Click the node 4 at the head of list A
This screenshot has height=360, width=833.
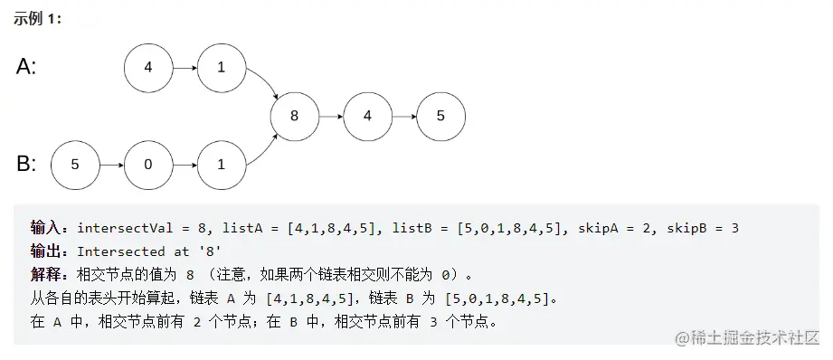tap(148, 67)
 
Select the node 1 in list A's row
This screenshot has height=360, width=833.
tap(222, 67)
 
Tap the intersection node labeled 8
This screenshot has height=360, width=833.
tap(295, 116)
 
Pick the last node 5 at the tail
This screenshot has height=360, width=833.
tap(440, 116)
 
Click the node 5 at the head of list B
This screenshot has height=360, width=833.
tap(75, 165)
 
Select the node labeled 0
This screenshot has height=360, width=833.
tap(148, 165)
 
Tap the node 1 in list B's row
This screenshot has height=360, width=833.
tap(222, 165)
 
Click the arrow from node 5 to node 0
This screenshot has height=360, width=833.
tap(111, 165)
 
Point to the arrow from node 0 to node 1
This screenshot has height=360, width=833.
tap(185, 165)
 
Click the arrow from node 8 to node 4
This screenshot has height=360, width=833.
tap(331, 116)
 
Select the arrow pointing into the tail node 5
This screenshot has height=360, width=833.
tap(404, 116)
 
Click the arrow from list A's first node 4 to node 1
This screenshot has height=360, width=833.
tap(185, 67)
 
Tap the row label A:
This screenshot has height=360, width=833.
tap(26, 67)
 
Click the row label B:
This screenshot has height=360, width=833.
tap(26, 165)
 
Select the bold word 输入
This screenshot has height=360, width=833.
tap(44, 228)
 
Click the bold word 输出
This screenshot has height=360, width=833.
tap(44, 251)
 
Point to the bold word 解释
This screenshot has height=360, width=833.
tap(44, 274)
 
